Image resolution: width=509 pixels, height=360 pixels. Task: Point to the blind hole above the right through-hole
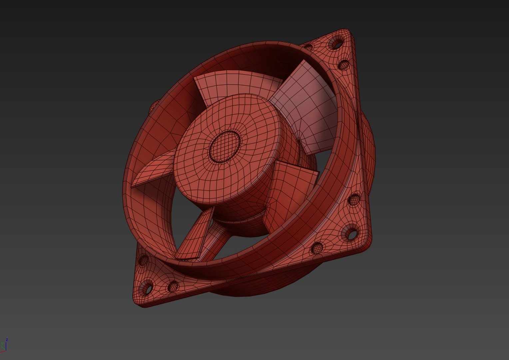click(354, 200)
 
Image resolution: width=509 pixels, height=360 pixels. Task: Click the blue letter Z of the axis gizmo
click(7, 340)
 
